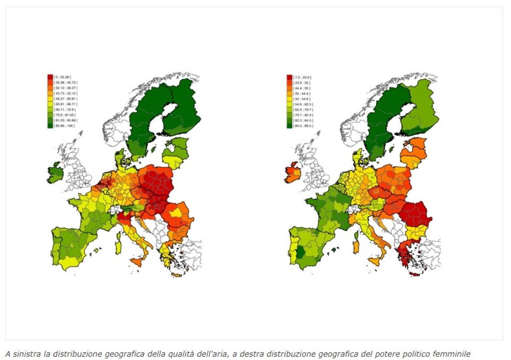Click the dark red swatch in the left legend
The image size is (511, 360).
coord(50,76)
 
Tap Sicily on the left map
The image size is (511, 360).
coord(137,262)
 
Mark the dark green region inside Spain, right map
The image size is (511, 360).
coord(300,253)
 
